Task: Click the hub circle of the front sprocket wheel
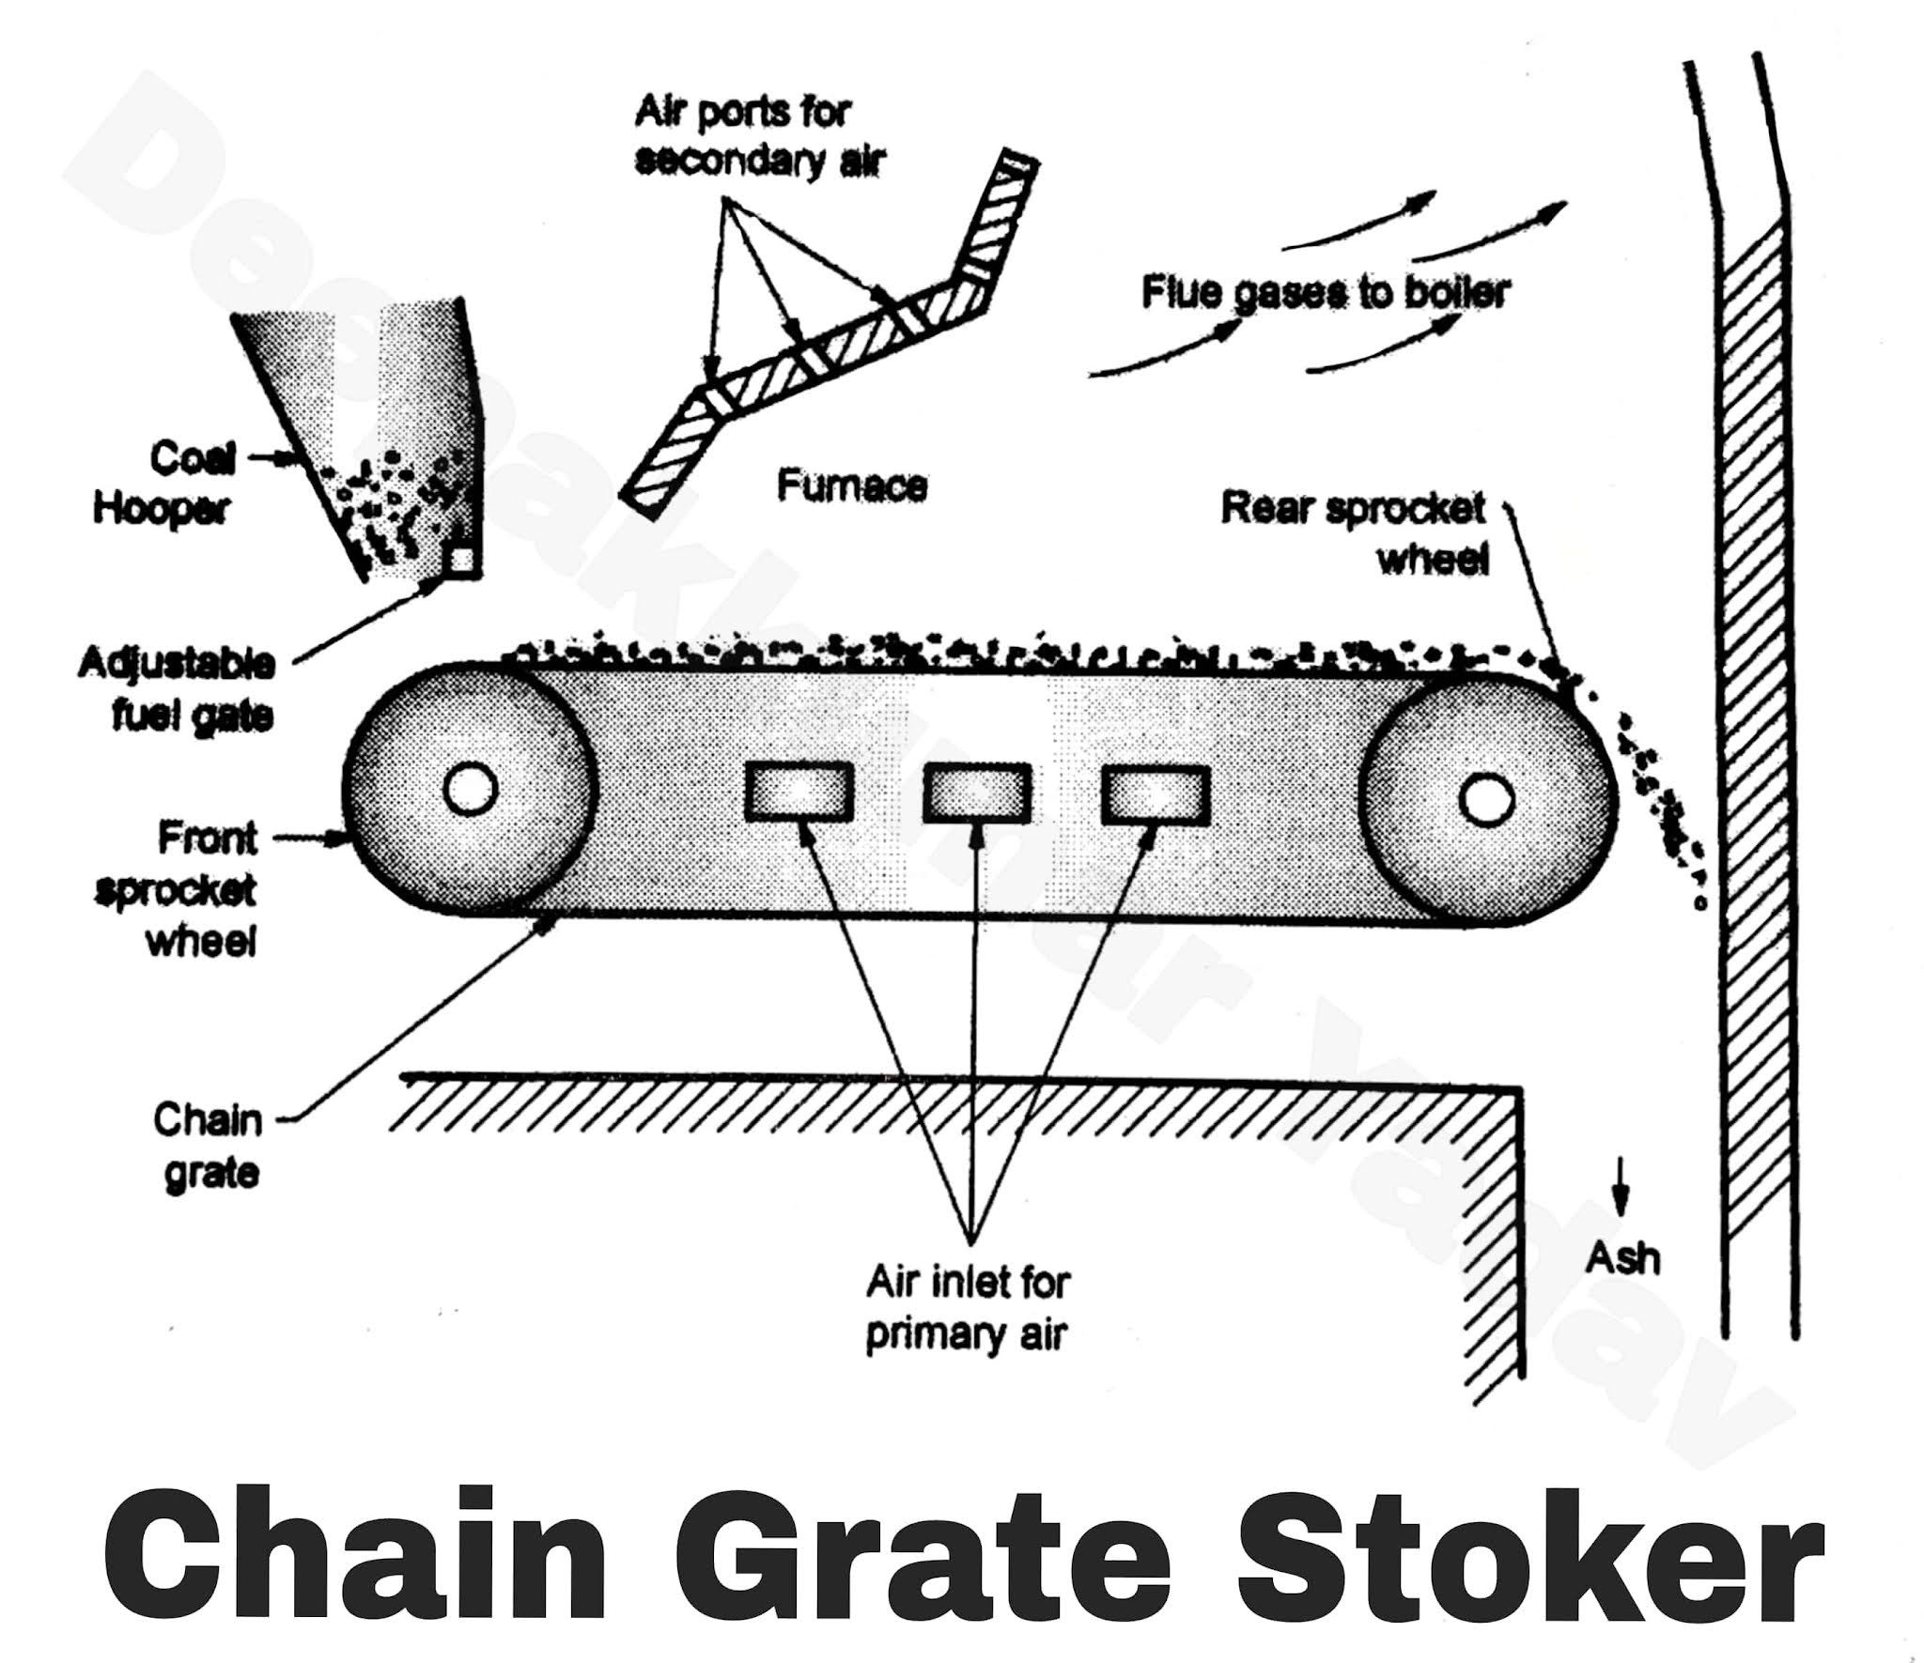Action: (470, 790)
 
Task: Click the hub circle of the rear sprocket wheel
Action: (1486, 800)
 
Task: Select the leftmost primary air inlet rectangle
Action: (799, 792)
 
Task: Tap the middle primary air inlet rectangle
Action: (977, 792)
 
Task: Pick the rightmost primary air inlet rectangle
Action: (1156, 794)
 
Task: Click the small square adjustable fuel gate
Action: (460, 560)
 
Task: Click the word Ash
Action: (1622, 1258)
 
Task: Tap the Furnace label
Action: (852, 486)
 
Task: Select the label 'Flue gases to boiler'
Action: (1325, 293)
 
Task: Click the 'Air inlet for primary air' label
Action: (968, 1308)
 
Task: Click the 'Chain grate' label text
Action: (208, 1147)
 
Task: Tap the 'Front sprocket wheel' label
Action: (178, 888)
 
